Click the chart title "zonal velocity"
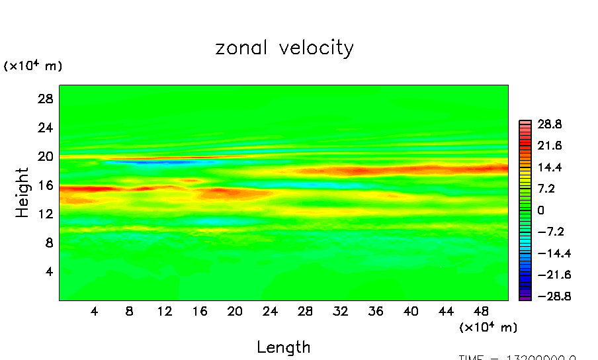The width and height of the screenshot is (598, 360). coord(284,48)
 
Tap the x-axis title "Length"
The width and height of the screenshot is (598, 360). coord(283,347)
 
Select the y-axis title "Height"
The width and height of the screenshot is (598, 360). coord(22,193)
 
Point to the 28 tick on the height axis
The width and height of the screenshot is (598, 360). coord(44,99)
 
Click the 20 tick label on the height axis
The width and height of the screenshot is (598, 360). coord(44,156)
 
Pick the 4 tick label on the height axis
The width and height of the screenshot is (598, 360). coord(48,271)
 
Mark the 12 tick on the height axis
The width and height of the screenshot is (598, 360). coord(44,214)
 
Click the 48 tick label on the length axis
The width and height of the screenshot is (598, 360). coord(480,311)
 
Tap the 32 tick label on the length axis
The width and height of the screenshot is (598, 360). coord(340,311)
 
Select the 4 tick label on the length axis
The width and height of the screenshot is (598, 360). coord(95,311)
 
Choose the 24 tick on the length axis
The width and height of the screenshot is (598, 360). coord(270,311)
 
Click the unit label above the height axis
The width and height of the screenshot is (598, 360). coord(33,66)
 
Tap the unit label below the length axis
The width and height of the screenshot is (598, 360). coord(488,327)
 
